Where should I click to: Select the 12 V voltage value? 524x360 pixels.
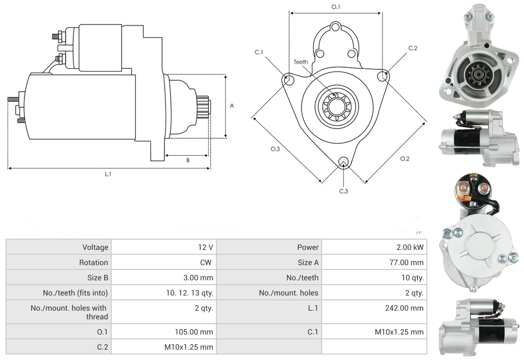point(205,247)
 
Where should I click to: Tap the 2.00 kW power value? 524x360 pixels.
point(410,247)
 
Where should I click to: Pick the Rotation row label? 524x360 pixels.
point(94,262)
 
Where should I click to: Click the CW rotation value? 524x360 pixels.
point(207,262)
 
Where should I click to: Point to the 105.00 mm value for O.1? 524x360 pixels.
point(199,332)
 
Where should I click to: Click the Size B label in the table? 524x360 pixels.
point(98,278)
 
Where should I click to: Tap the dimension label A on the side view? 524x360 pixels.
point(232,106)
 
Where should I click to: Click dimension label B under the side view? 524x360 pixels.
point(188,160)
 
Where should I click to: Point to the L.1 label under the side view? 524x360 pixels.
point(108,174)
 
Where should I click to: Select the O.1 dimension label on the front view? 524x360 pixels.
point(336,7)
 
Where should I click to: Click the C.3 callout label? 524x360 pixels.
point(343,191)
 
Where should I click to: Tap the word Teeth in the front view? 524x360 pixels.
point(301,62)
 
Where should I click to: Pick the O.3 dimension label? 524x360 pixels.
point(275,149)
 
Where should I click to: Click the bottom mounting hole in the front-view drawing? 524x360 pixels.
point(343,162)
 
